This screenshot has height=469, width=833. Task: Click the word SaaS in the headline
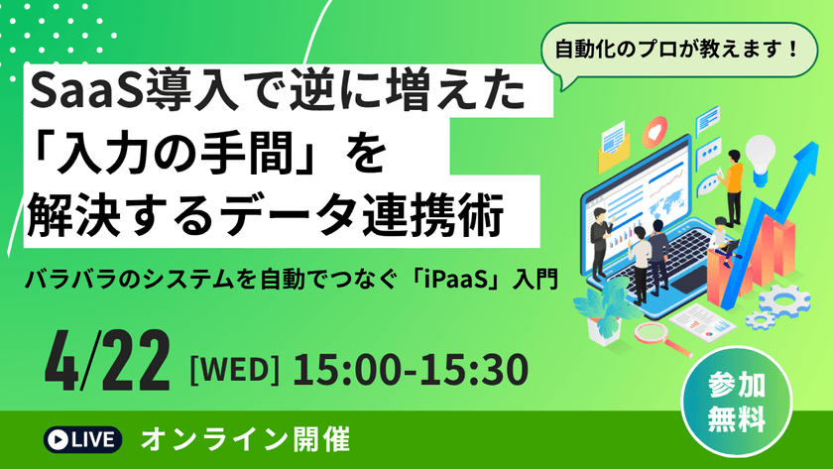click(x=75, y=95)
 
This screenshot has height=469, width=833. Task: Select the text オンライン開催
click(x=245, y=437)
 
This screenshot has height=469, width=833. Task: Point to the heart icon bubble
click(x=655, y=132)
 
